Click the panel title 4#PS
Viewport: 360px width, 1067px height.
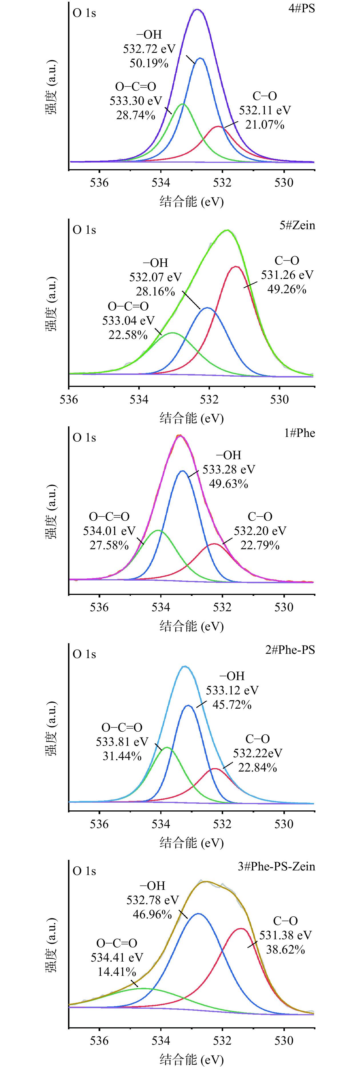coord(302,8)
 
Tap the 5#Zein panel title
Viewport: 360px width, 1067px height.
coord(297,225)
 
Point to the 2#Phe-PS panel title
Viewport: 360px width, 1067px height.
coord(290,650)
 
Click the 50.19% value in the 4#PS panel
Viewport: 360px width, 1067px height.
coord(149,63)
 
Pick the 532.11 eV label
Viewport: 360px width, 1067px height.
coord(265,111)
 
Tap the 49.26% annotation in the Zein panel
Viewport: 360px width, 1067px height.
coord(287,289)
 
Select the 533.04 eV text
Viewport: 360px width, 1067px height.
coord(128,321)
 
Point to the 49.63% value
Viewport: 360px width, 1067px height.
coord(229,484)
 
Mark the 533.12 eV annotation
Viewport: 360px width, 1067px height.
coord(232,690)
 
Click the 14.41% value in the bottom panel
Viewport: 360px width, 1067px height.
coord(117,971)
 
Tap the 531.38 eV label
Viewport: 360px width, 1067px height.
coord(285,935)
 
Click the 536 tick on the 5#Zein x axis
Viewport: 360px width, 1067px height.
coord(69,400)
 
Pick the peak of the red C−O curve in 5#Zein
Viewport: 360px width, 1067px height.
coord(236,267)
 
